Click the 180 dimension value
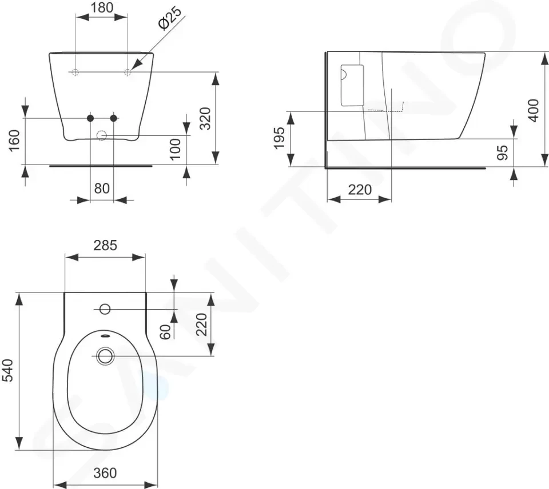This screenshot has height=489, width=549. pos(102,7)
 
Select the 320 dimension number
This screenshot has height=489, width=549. pos(205,119)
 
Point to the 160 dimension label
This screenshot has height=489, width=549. pos(14,141)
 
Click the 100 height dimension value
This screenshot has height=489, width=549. pos(175,149)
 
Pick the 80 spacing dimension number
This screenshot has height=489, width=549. pos(102,189)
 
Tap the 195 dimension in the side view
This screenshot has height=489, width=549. pos(280,138)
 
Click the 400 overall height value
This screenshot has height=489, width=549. pos(533,110)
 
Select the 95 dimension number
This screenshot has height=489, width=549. pos(503,153)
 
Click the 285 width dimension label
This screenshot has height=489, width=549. pos(105,246)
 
